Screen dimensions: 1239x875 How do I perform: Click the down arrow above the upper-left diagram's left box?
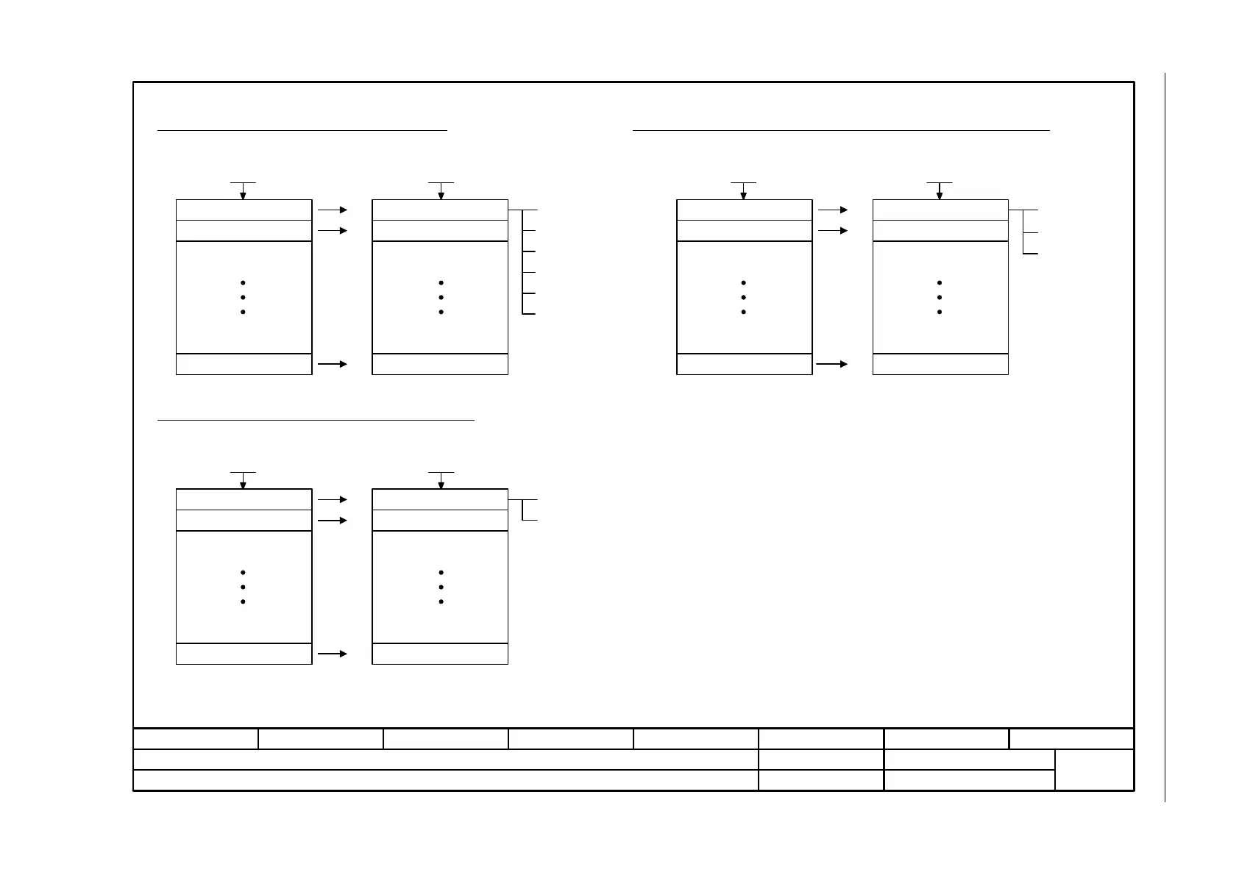click(x=243, y=191)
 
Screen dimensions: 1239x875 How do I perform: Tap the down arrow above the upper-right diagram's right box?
click(x=940, y=191)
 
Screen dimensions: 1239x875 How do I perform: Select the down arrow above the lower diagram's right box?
click(x=441, y=481)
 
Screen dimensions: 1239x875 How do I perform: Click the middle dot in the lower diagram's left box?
click(x=243, y=587)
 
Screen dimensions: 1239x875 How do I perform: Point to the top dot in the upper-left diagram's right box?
click(x=441, y=283)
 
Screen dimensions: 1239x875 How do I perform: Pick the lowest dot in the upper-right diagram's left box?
click(x=744, y=312)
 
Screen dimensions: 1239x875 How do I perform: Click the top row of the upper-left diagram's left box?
click(x=244, y=210)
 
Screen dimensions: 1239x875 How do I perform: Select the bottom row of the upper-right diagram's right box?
click(x=940, y=364)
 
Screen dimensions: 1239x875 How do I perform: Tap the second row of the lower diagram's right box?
click(x=440, y=520)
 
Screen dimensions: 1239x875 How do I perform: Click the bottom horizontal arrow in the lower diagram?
click(x=333, y=653)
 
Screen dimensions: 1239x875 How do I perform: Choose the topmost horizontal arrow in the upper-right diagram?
click(x=833, y=210)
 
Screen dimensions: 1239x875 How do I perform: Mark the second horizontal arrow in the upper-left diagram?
click(x=333, y=230)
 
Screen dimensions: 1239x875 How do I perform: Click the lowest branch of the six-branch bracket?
click(x=529, y=314)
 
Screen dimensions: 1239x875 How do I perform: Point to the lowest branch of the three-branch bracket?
click(x=1031, y=253)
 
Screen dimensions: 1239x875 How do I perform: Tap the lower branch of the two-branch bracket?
click(x=530, y=520)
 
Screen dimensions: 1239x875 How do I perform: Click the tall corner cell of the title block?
click(x=1094, y=770)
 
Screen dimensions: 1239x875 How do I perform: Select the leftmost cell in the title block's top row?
click(x=196, y=739)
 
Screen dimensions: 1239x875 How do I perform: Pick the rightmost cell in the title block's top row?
click(x=1071, y=739)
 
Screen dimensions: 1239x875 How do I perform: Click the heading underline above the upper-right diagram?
click(x=841, y=130)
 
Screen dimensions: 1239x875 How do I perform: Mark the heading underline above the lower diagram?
click(x=316, y=421)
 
